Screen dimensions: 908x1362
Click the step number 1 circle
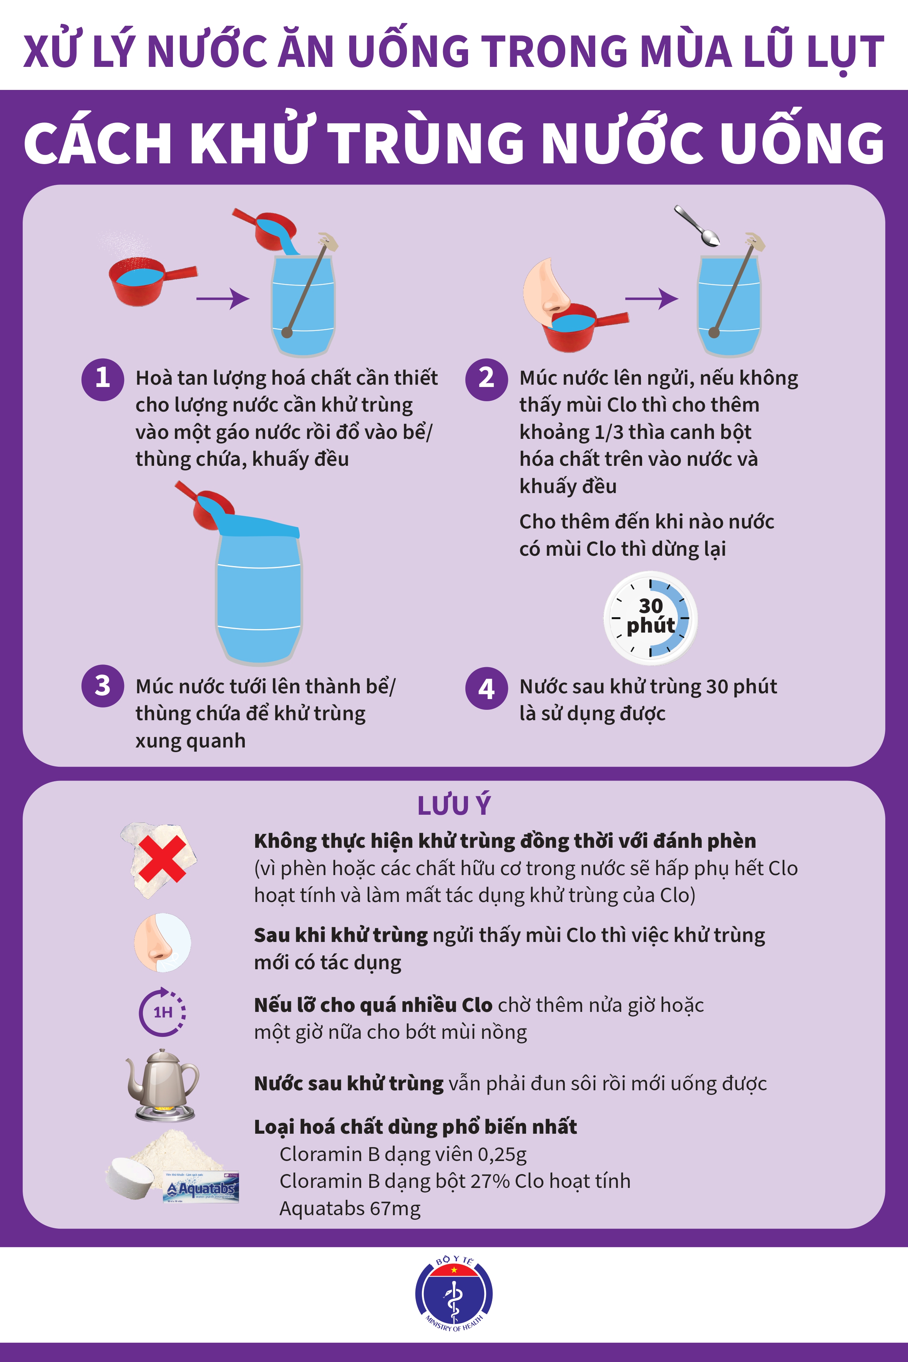pyautogui.click(x=103, y=380)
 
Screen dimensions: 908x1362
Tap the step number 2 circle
pyautogui.click(x=486, y=380)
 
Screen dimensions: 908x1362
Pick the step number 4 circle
pyautogui.click(x=486, y=688)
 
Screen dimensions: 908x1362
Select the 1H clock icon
pyautogui.click(x=162, y=1012)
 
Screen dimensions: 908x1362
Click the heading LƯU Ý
pyautogui.click(x=454, y=806)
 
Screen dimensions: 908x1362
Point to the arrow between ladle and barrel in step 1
pyautogui.click(x=223, y=299)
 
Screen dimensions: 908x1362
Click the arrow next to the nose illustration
pyautogui.click(x=651, y=299)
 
